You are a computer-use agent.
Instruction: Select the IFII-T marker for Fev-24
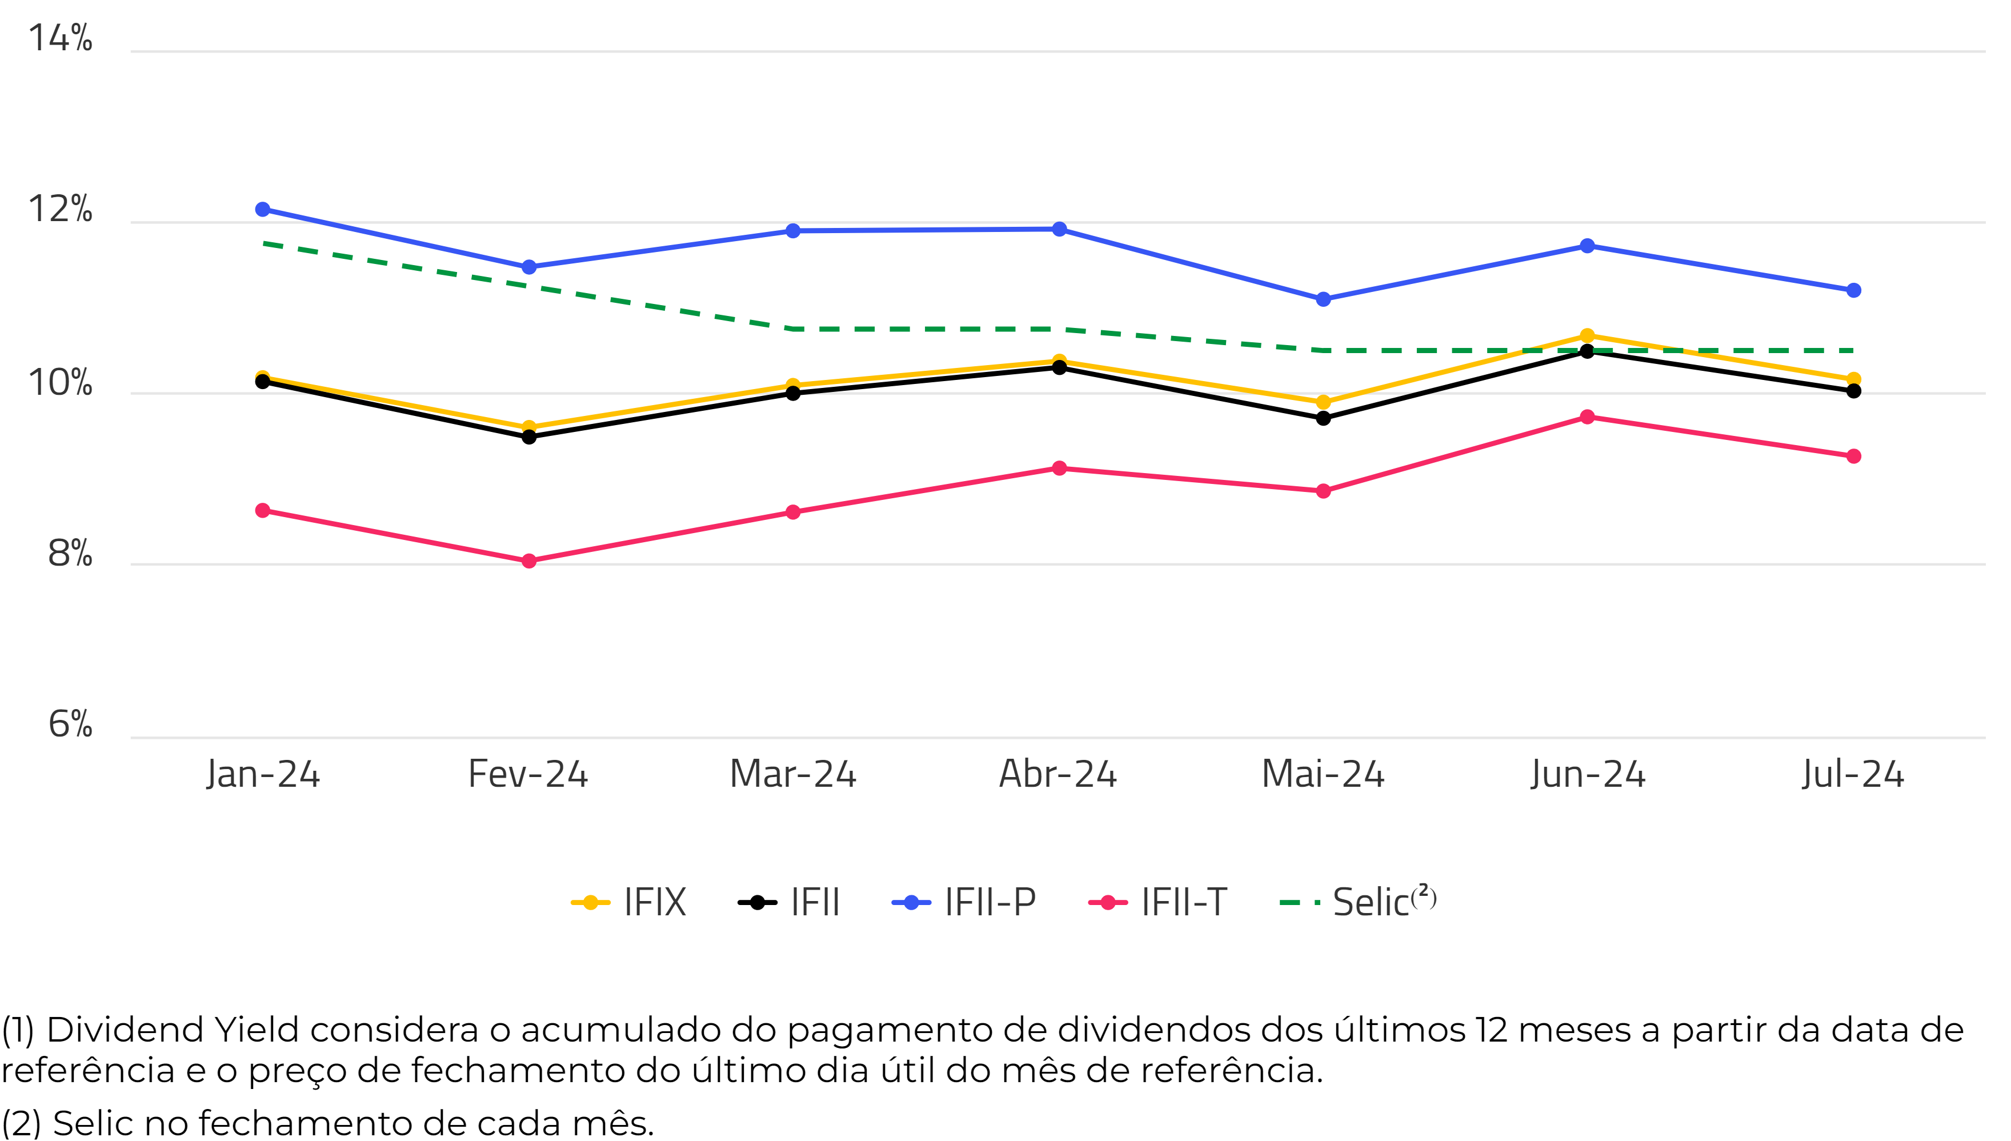pyautogui.click(x=529, y=561)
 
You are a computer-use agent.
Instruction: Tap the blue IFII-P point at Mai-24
pyautogui.click(x=1323, y=299)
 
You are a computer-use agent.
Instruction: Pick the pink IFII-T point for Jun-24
pyautogui.click(x=1587, y=417)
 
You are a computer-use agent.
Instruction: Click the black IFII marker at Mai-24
pyautogui.click(x=1323, y=418)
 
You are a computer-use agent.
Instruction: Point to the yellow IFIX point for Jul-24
pyautogui.click(x=1853, y=379)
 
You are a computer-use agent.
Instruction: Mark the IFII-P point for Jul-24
pyautogui.click(x=1853, y=291)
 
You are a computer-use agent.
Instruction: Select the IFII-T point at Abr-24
pyautogui.click(x=1059, y=468)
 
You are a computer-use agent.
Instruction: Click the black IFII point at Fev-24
pyautogui.click(x=529, y=437)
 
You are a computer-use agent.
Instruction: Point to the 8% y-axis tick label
pyautogui.click(x=70, y=553)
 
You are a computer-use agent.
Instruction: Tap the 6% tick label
pyautogui.click(x=70, y=724)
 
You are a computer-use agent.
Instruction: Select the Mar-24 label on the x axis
pyautogui.click(x=793, y=774)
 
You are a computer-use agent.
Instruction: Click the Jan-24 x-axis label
pyautogui.click(x=263, y=774)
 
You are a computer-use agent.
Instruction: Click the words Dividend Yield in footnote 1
pyautogui.click(x=173, y=1030)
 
